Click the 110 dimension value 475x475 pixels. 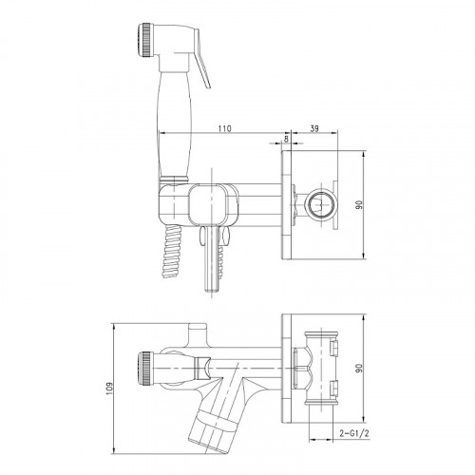point(224,128)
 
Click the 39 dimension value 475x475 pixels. point(314,128)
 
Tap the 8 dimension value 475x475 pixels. point(287,139)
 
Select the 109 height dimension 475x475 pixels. point(109,389)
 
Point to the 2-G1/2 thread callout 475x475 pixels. point(354,433)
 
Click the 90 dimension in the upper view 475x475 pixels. point(359,204)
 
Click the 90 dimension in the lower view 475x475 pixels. point(359,368)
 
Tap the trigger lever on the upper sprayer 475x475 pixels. point(202,60)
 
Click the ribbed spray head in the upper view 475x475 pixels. point(145,40)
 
